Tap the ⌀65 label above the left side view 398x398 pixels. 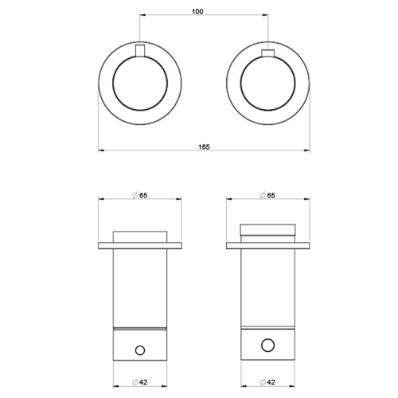tap(140, 195)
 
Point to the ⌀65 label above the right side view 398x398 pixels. tap(267, 195)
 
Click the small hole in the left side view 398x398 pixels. tap(140, 349)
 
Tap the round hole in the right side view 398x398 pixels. tap(267, 345)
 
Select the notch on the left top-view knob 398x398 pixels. tap(140, 53)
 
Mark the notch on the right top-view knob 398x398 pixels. tap(267, 53)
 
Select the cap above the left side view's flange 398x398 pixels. tap(140, 236)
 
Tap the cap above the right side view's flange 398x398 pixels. tap(267, 232)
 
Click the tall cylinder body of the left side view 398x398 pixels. tap(140, 287)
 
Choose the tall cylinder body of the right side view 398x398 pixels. tap(267, 287)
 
